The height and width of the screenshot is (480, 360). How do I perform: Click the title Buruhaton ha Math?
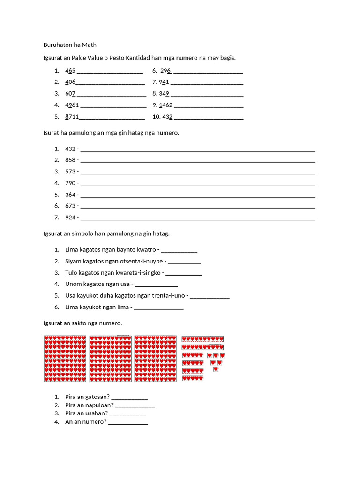click(69, 45)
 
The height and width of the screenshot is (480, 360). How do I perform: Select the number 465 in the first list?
click(70, 71)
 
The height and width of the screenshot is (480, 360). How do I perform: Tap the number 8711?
click(72, 117)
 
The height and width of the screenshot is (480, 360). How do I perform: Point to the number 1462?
click(166, 105)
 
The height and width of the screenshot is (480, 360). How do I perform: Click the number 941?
click(164, 82)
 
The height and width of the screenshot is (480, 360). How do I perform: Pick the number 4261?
click(72, 105)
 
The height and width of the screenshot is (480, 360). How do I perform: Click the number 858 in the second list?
click(70, 160)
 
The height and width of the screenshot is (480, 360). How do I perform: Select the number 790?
click(70, 183)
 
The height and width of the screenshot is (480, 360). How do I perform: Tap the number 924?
click(70, 217)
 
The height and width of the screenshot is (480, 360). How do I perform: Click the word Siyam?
click(74, 261)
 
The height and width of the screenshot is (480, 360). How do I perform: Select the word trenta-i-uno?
click(171, 296)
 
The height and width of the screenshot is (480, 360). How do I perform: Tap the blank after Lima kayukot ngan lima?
click(158, 307)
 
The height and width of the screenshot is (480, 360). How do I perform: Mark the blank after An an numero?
click(128, 422)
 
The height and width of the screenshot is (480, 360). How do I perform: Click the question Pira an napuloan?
click(90, 405)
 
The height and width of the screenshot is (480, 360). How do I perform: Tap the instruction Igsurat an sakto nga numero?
click(82, 323)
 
